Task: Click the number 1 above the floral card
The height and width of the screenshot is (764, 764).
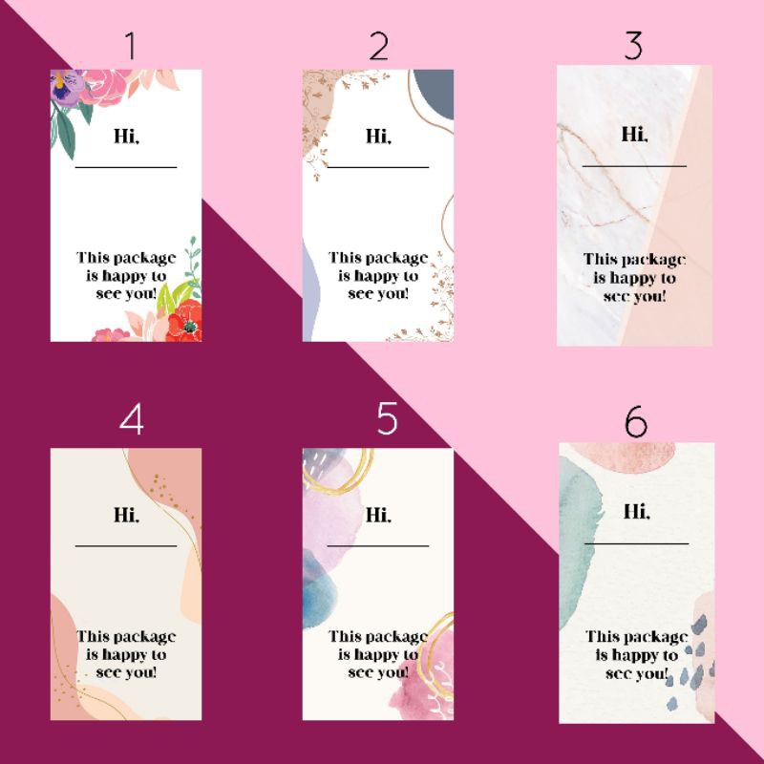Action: (x=130, y=46)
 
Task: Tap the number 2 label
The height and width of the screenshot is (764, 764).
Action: (x=379, y=46)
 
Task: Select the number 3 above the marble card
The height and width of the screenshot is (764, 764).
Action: (x=633, y=45)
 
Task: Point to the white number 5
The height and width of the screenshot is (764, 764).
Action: (x=388, y=418)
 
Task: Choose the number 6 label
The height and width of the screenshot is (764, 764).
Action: (x=636, y=421)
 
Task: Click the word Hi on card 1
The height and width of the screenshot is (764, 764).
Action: (x=126, y=136)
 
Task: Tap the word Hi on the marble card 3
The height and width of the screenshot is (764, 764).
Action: (x=634, y=134)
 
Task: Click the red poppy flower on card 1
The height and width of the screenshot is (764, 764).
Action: (x=185, y=322)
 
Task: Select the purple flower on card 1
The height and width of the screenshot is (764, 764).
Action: (x=64, y=88)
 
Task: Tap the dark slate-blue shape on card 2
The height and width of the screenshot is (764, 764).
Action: (x=435, y=94)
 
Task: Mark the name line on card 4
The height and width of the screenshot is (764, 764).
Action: (x=126, y=546)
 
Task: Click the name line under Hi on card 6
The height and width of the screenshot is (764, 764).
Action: (x=636, y=543)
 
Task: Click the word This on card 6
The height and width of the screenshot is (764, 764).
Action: (x=600, y=637)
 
